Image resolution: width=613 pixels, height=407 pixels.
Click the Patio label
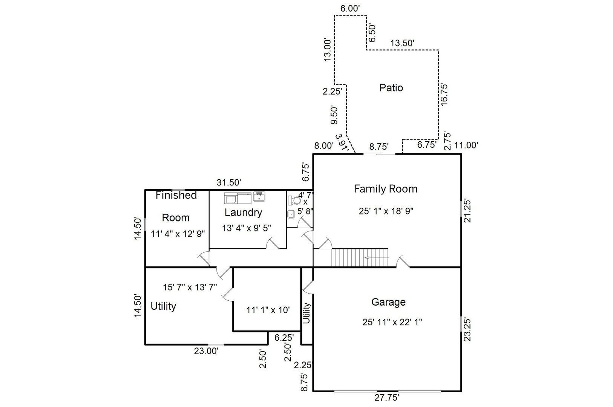[x=391, y=88]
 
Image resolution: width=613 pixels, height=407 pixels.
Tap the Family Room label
[x=386, y=189]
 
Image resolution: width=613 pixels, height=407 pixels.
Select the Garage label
[x=388, y=302]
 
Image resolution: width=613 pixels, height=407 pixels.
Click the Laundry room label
[x=243, y=213]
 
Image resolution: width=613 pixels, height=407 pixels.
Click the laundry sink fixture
[x=259, y=197]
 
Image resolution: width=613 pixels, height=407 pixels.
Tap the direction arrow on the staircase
[x=377, y=258]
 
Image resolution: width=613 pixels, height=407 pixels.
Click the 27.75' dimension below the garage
[x=387, y=398]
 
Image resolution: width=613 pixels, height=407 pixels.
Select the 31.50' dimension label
[x=229, y=182]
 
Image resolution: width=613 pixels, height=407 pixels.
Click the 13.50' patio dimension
[x=402, y=43]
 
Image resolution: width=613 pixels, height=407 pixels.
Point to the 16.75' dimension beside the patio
[x=444, y=94]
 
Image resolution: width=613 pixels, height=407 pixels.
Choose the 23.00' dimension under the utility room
[x=206, y=351]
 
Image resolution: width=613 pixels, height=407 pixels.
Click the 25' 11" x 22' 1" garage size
[x=392, y=322]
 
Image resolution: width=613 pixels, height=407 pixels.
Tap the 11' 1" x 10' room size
[x=268, y=310]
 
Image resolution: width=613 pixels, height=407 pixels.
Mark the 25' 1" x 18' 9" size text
[x=386, y=211]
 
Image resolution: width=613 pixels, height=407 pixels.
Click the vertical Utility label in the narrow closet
[x=306, y=313]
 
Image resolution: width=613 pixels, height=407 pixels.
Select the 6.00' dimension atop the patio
[x=350, y=8]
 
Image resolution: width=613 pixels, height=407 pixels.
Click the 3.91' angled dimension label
[x=342, y=142]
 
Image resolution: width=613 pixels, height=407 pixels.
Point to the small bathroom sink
[x=291, y=214]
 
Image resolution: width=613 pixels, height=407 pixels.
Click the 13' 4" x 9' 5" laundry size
[x=247, y=228]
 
